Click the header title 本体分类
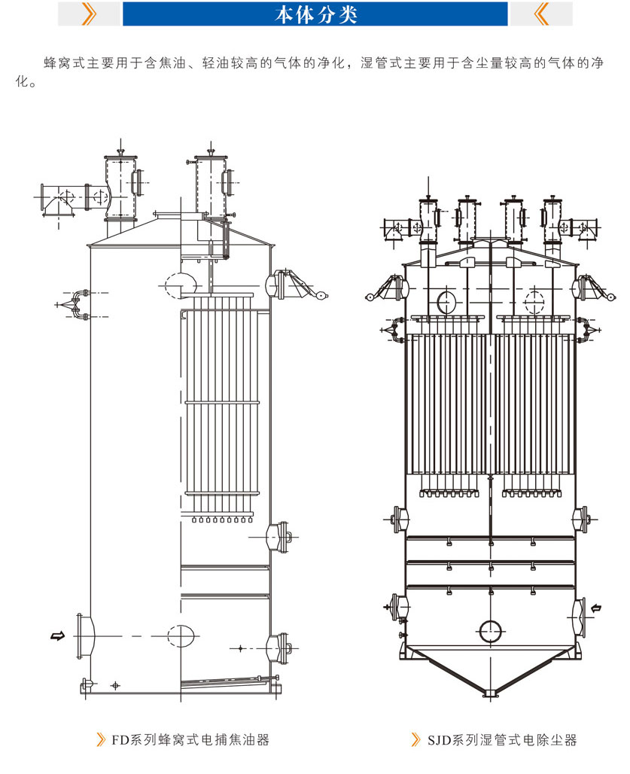[315, 14]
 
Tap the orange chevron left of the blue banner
[89, 14]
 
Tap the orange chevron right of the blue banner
[541, 14]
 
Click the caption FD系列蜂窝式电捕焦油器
[190, 739]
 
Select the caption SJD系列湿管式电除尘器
[502, 739]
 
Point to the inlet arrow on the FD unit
[58, 635]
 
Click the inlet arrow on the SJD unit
[595, 608]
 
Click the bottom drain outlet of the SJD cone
[490, 693]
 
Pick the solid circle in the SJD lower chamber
[491, 632]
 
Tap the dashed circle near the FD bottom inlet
[181, 635]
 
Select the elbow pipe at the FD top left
[58, 200]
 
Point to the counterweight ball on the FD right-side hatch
[322, 296]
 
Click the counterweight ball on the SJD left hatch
[370, 297]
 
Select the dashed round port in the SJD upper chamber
[534, 302]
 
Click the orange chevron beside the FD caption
[101, 739]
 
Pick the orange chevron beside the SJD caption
[416, 739]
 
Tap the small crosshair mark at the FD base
[115, 686]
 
